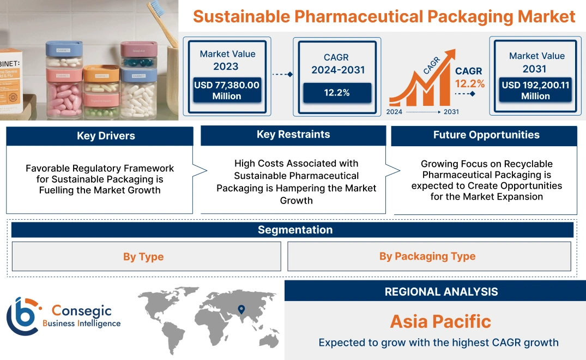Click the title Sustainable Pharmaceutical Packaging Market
384,16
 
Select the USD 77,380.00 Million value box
226,91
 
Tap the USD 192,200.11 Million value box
535,91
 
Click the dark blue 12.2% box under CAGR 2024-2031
337,93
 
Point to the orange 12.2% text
470,83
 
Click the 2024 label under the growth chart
395,112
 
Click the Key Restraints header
293,135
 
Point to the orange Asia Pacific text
440,321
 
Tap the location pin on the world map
241,310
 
